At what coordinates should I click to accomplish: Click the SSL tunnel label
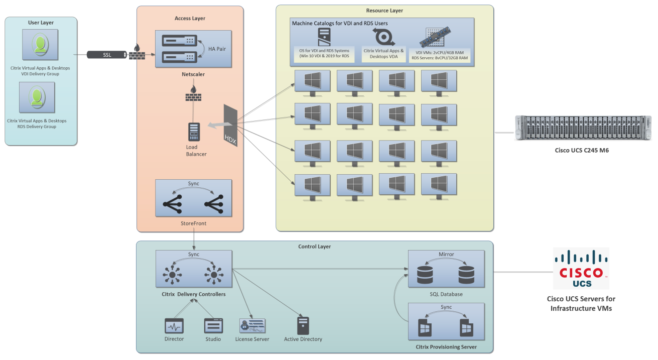[x=107, y=54]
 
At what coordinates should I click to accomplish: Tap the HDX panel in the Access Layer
[x=230, y=126]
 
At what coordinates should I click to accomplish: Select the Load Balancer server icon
[x=194, y=132]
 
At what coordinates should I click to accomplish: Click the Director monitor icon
[x=174, y=326]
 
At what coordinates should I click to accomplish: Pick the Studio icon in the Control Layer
[x=213, y=326]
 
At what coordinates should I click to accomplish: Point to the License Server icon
[x=252, y=326]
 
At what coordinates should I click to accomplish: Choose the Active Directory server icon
[x=303, y=326]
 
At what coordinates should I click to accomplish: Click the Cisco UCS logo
[x=581, y=268]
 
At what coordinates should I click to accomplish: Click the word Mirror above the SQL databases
[x=446, y=255]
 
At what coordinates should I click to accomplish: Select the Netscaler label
[x=193, y=74]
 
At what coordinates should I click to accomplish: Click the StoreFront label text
[x=193, y=223]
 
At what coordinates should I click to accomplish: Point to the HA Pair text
[x=217, y=49]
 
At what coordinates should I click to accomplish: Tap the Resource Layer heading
[x=384, y=11]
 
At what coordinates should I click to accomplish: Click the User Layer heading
[x=41, y=23]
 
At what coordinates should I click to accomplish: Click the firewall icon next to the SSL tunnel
[x=137, y=53]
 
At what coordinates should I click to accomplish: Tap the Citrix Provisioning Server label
[x=446, y=347]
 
